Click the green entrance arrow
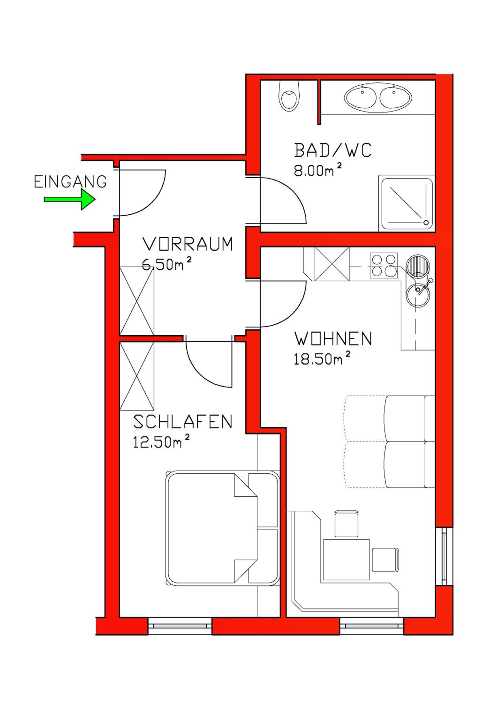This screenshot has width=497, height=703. tap(70, 199)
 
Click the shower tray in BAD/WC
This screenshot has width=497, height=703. tap(406, 203)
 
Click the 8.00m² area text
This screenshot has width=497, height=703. tap(318, 171)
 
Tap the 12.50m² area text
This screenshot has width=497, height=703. tap(161, 442)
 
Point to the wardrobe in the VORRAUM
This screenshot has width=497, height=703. tap(137, 301)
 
